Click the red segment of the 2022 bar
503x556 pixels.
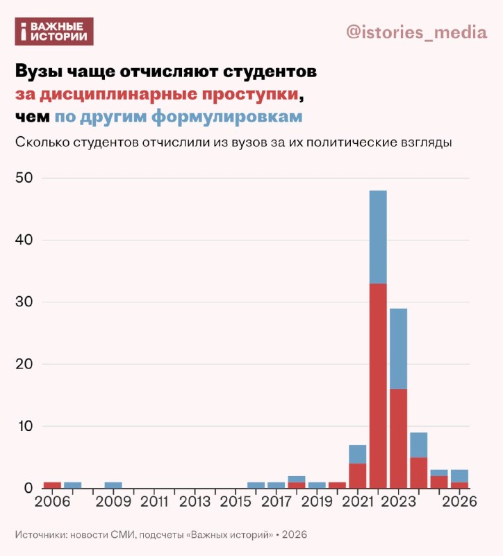378,386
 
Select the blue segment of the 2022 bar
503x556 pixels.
378,237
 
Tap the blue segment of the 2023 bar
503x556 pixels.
398,349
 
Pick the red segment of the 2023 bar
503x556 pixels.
398,439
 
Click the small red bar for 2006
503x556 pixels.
52,485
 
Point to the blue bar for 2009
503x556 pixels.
113,485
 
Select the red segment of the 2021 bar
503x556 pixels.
358,476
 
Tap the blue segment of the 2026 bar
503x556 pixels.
460,476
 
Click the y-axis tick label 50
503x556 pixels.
24,178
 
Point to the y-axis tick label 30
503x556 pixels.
24,302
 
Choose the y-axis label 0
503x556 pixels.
28,488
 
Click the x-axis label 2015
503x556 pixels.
236,501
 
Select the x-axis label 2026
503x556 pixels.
460,501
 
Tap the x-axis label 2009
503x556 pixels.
113,501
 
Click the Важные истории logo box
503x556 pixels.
54,31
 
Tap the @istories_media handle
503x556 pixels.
417,32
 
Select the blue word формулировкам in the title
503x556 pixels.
227,117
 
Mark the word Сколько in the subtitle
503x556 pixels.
42,142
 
